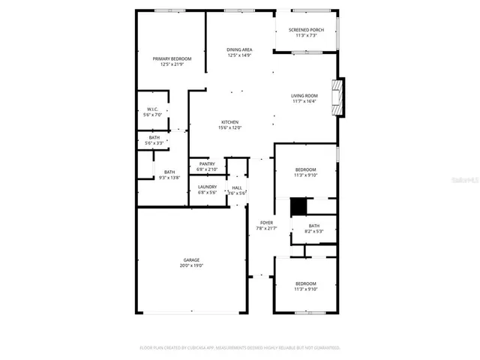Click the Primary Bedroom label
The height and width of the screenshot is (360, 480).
172,58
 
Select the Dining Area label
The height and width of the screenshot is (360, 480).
239,49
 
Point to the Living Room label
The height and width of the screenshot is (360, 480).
304,95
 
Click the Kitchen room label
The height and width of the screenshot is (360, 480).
229,122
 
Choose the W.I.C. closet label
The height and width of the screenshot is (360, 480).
152,109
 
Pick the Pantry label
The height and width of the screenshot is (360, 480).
207,163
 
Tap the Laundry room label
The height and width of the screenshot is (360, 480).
207,187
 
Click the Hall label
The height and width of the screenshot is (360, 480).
237,187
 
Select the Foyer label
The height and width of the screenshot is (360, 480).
266,223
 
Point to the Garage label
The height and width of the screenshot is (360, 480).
191,259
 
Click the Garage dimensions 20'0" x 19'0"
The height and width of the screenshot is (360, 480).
191,265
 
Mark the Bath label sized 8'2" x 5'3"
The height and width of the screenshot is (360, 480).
313,226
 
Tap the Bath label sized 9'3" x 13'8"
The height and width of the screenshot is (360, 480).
169,172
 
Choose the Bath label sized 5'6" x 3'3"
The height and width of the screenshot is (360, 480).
154,137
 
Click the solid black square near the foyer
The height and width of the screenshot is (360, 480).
299,205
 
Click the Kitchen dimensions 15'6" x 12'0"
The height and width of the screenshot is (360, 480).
229,128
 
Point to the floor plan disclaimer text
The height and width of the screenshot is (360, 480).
240,348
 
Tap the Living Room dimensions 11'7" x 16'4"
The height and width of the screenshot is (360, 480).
304,101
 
